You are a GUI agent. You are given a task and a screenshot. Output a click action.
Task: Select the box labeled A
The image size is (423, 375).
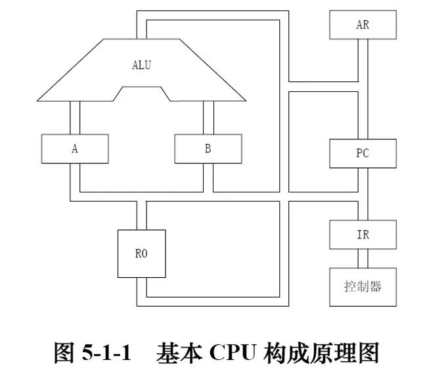(x=75, y=148)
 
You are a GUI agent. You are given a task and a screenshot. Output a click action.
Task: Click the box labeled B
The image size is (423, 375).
(x=208, y=148)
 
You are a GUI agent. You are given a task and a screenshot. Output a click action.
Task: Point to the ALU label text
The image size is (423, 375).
(x=142, y=64)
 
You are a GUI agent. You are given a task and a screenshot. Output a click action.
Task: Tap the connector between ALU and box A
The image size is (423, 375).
(x=75, y=118)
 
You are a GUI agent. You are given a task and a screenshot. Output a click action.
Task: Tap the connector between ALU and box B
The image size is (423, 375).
(x=208, y=118)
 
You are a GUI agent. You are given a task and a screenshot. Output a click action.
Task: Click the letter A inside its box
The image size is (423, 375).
(x=75, y=148)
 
